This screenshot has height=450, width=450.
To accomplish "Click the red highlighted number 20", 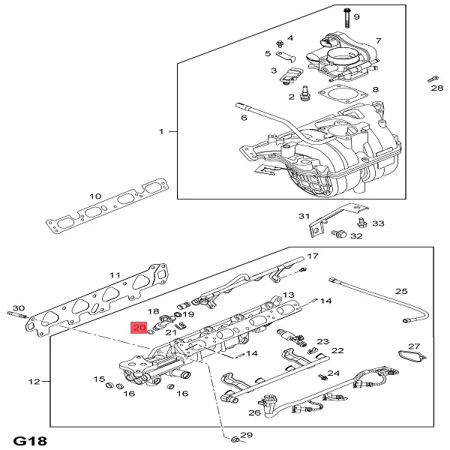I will pyautogui.click(x=139, y=328).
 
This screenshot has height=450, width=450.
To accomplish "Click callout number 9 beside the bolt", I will pyautogui.click(x=357, y=16).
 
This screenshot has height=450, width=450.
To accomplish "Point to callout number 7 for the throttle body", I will pyautogui.click(x=378, y=40).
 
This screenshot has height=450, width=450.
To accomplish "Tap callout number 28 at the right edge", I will pyautogui.click(x=437, y=88).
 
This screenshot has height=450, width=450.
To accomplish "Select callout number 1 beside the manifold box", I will pyautogui.click(x=160, y=132).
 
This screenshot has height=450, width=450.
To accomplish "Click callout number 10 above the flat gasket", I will pyautogui.click(x=95, y=196).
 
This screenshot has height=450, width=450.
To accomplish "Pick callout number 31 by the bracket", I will pyautogui.click(x=304, y=217).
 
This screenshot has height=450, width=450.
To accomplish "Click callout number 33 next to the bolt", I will pyautogui.click(x=378, y=223).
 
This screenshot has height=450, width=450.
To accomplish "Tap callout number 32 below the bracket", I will pyautogui.click(x=356, y=235).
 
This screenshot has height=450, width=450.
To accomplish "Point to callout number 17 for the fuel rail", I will pyautogui.click(x=313, y=256).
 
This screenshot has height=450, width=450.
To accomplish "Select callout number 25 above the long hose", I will pyautogui.click(x=401, y=291).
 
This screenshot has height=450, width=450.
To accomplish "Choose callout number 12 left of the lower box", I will pyautogui.click(x=34, y=382).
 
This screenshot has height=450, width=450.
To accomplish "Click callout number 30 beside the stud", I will pyautogui.click(x=19, y=307).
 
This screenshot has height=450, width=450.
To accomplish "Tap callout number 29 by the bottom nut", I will pyautogui.click(x=247, y=436).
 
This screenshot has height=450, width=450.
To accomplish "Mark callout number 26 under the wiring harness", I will pyautogui.click(x=254, y=412).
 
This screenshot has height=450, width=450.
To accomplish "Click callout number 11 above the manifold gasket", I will pyautogui.click(x=115, y=275).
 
